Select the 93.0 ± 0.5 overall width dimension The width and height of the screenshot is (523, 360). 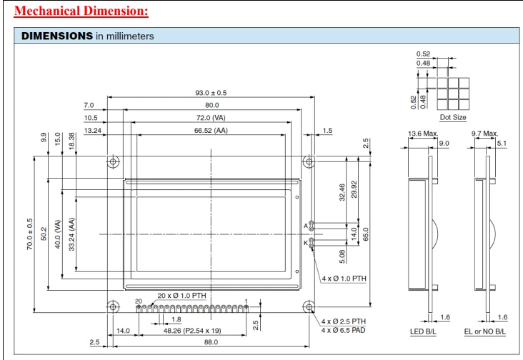(211, 93)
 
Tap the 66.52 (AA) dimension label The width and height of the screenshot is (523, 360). (211, 130)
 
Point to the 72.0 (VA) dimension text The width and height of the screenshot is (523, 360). (211, 117)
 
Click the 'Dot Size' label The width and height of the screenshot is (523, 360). (454, 116)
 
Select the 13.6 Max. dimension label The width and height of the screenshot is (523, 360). (422, 133)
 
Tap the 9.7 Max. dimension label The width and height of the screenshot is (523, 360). (484, 133)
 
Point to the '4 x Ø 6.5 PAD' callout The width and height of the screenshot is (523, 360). (344, 331)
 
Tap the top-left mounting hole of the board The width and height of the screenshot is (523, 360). (113, 161)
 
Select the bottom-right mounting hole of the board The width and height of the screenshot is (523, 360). (308, 307)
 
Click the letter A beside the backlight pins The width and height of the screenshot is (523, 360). (306, 226)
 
